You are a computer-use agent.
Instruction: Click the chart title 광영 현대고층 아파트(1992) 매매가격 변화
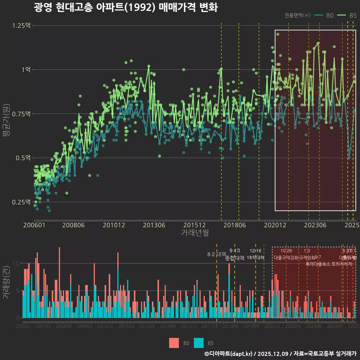point(126,7)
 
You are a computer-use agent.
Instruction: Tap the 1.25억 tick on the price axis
point(22,25)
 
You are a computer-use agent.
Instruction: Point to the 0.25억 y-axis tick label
point(22,202)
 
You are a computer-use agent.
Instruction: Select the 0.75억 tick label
point(22,114)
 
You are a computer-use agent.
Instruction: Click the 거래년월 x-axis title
point(195,232)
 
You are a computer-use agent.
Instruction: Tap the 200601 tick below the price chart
point(34,225)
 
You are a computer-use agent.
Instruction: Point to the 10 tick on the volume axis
point(16,264)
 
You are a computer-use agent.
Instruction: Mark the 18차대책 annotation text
point(255,258)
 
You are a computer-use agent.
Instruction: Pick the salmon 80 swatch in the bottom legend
point(174,343)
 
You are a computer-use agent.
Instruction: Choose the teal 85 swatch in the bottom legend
point(199,343)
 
